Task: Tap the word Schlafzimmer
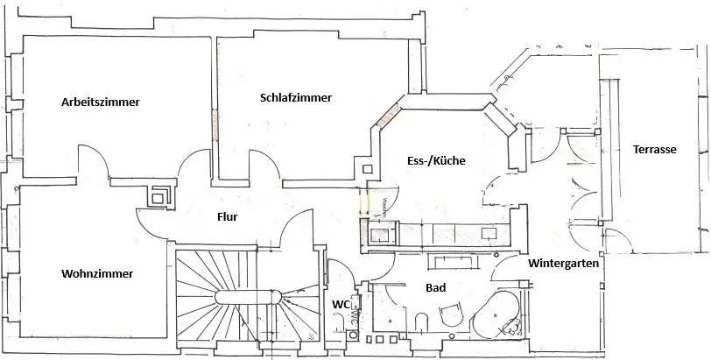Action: (296, 97)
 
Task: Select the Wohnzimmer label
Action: (97, 273)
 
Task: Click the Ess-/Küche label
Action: (436, 160)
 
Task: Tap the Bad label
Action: (436, 287)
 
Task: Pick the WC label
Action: (341, 304)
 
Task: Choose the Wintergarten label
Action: (563, 262)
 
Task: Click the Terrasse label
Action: (654, 150)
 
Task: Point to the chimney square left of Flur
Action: (158, 196)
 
